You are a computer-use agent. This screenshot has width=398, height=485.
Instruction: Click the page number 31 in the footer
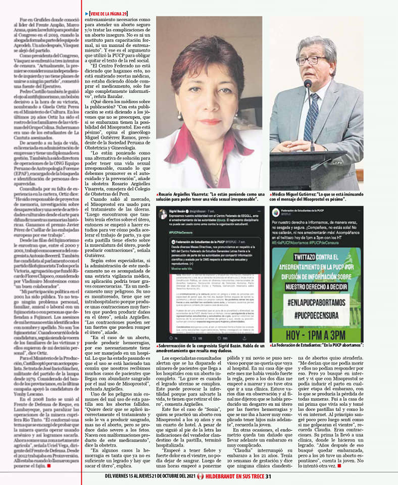click(269, 475)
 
